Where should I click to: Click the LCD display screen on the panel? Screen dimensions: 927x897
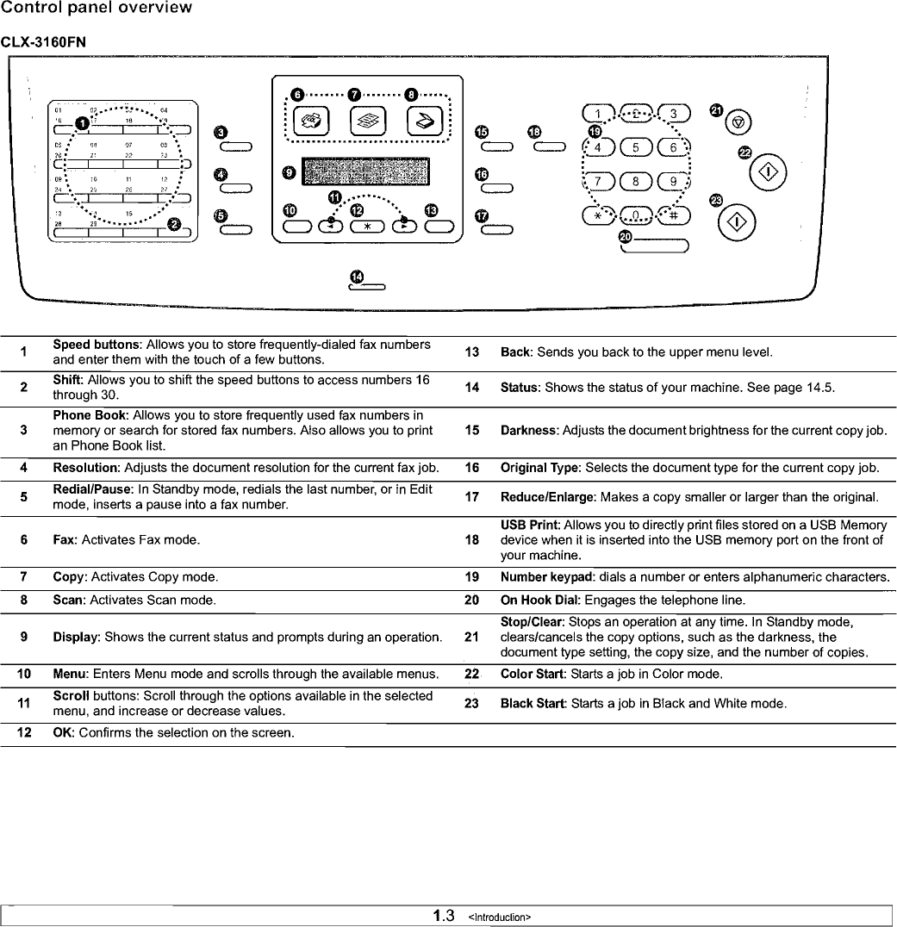tap(366, 172)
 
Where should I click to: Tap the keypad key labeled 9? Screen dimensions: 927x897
tap(676, 181)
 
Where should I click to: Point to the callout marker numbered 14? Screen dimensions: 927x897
tap(357, 276)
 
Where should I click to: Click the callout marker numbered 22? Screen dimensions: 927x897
tap(745, 152)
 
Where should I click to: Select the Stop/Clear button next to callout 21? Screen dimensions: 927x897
tap(740, 122)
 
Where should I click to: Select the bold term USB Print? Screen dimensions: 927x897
tap(530, 525)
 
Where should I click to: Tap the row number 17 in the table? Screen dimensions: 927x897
tap(471, 497)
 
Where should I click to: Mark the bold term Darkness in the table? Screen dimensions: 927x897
tap(528, 430)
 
